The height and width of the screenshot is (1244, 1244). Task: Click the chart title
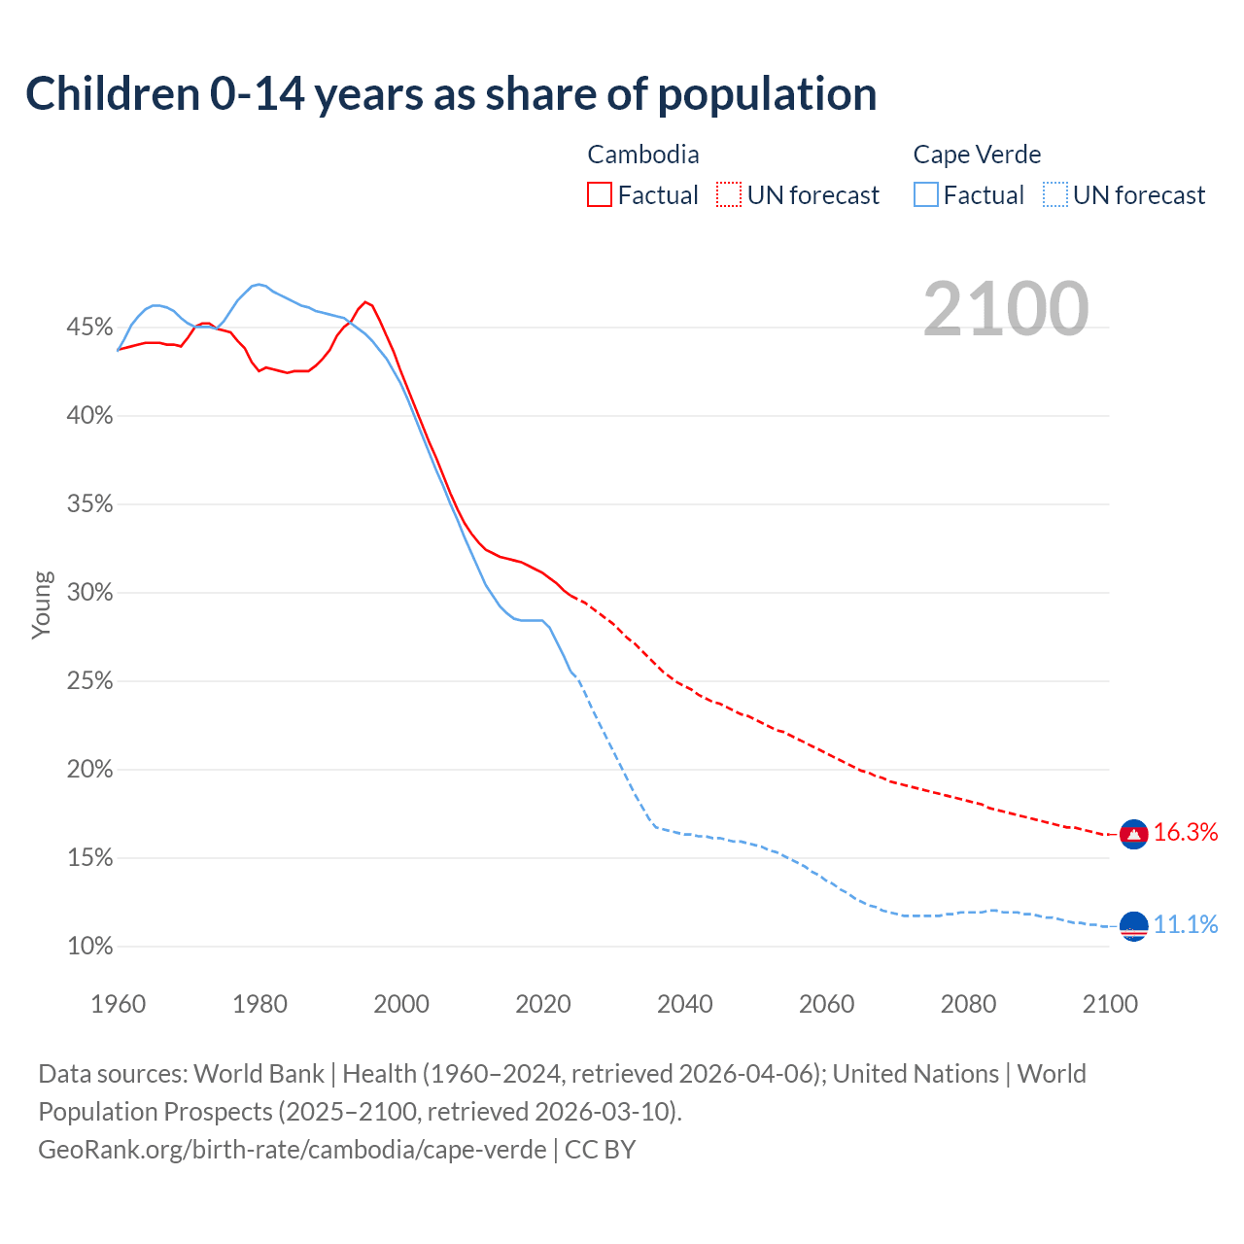[451, 94]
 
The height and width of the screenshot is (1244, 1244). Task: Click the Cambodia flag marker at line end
[1133, 834]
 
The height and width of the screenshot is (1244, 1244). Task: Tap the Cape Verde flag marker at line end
[1133, 925]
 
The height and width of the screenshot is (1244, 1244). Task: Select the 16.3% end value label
[1186, 833]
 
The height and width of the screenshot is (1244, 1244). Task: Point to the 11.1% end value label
[1186, 924]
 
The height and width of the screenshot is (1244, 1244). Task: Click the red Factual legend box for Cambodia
[600, 195]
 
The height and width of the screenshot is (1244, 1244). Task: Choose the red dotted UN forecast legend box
[729, 195]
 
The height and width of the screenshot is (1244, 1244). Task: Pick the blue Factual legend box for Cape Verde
[926, 195]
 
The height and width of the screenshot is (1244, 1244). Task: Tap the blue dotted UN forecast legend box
[1055, 195]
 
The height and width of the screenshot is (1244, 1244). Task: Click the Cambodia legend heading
[643, 155]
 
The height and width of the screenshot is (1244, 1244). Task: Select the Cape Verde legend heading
[977, 155]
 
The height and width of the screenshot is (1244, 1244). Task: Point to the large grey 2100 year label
[1006, 309]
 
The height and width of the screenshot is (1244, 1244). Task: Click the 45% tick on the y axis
[89, 328]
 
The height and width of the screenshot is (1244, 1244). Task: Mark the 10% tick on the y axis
[89, 947]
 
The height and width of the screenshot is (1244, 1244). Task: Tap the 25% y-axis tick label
[89, 681]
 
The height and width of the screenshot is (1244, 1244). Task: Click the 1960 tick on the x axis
[118, 1004]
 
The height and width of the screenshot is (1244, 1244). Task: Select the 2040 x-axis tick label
[684, 1004]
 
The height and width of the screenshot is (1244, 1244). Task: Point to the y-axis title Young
[42, 605]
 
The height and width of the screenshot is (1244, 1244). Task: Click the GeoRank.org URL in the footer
[292, 1150]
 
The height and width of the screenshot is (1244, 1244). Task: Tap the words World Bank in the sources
[259, 1074]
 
